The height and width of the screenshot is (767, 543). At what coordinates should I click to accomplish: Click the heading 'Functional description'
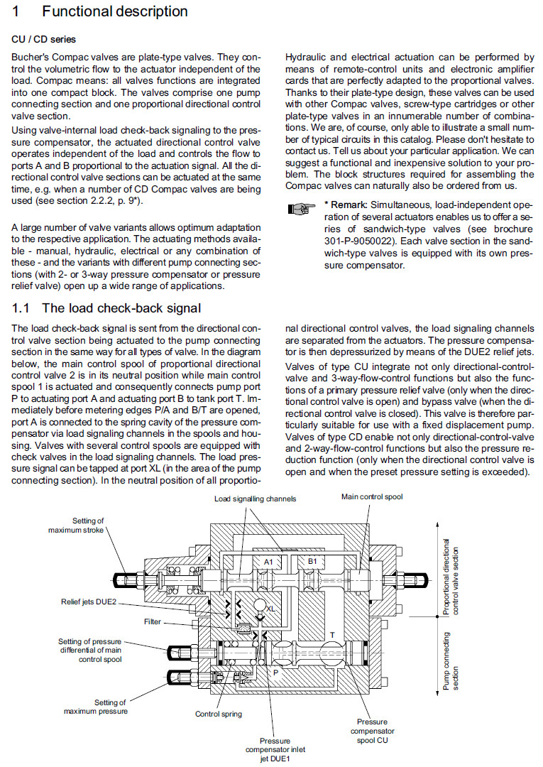point(115,12)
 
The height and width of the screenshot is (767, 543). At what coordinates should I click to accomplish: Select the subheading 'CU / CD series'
point(44,40)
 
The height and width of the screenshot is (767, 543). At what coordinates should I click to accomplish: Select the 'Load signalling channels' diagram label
point(256,499)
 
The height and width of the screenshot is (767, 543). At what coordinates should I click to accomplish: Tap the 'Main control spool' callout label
point(372,497)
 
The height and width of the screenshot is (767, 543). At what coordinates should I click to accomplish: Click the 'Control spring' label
point(219,714)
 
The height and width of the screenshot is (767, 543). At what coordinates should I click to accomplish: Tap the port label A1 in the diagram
point(270,561)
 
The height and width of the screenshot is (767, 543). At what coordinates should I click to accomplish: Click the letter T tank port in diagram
point(332,633)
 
